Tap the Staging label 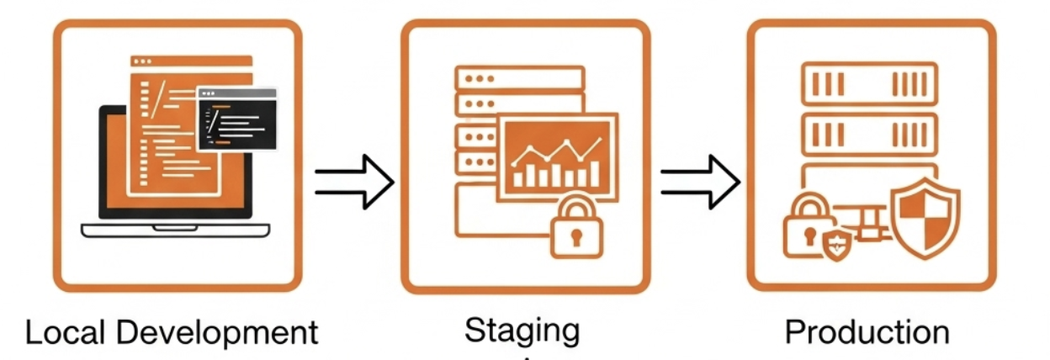(x=522, y=330)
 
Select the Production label (x=867, y=332)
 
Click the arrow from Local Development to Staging (x=353, y=181)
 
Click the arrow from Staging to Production (x=699, y=181)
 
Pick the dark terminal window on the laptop (x=236, y=119)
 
